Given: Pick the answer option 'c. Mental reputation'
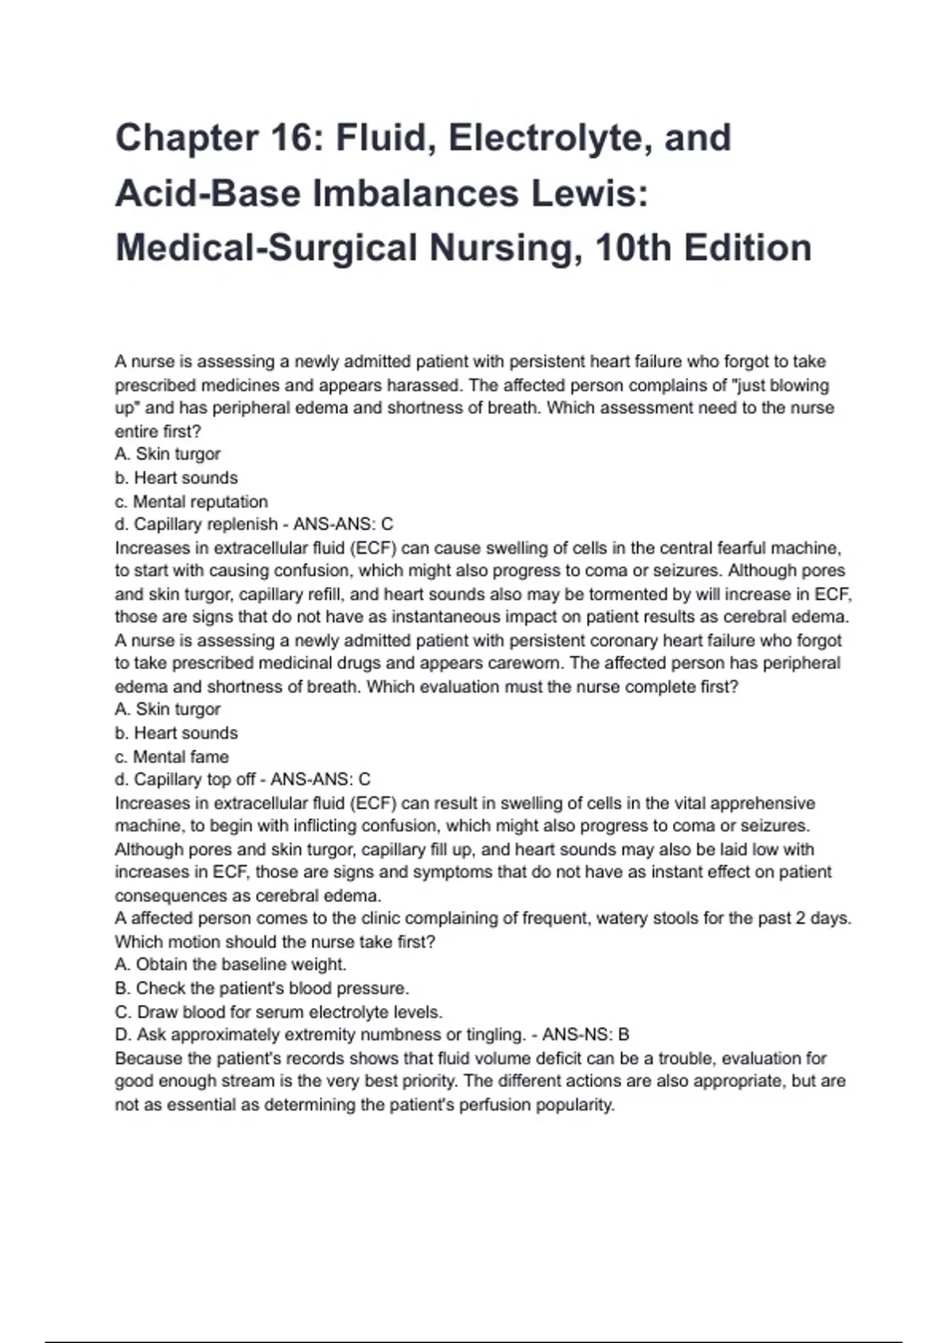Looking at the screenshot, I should point(191,502).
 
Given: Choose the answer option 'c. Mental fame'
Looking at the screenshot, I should point(171,757).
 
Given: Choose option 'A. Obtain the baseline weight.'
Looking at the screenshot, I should point(230,965).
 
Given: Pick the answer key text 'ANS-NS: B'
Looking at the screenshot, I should point(585,1035).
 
